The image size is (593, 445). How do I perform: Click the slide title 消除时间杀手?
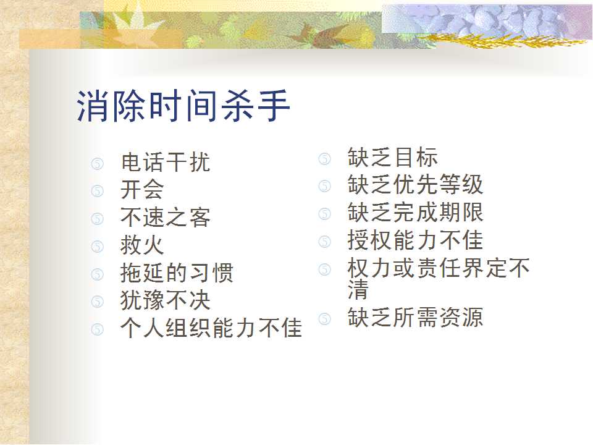(183, 106)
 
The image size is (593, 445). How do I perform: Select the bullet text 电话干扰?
(166, 162)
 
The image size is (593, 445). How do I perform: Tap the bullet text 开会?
(142, 190)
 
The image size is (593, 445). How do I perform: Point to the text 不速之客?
(166, 218)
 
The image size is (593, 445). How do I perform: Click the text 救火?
(142, 245)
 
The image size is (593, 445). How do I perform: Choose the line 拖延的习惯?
(177, 273)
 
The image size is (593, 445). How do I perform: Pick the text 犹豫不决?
(166, 300)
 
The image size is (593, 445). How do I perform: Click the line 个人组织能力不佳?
(211, 328)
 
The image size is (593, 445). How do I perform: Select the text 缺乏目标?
(393, 157)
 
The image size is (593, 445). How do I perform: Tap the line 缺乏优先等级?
(416, 185)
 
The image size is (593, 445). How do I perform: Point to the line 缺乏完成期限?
(416, 212)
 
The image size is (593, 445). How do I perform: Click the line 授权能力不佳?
(416, 240)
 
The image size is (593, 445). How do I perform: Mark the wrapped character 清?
(358, 289)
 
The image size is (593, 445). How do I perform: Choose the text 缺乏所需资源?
(416, 317)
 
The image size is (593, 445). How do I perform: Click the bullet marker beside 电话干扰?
(97, 163)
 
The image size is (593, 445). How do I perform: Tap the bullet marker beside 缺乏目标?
(324, 159)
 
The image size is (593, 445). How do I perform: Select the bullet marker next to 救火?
(97, 247)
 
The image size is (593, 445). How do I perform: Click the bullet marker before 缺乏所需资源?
(324, 319)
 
